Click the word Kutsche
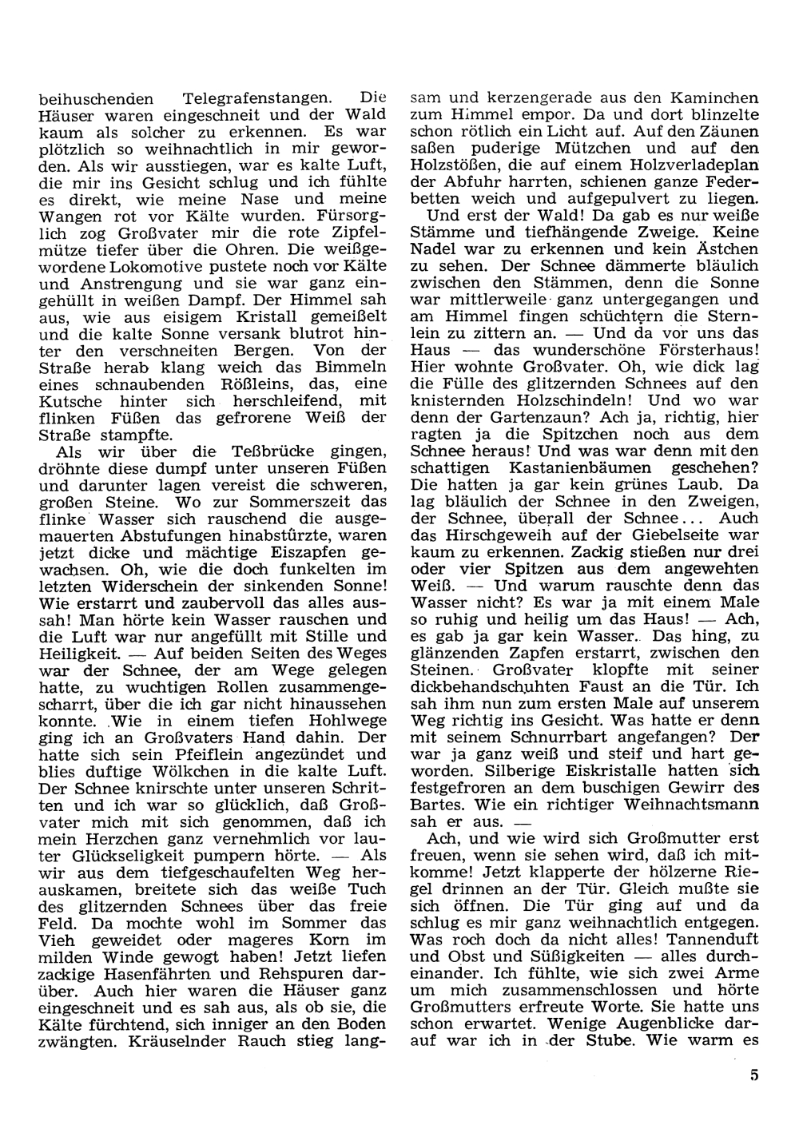71,402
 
